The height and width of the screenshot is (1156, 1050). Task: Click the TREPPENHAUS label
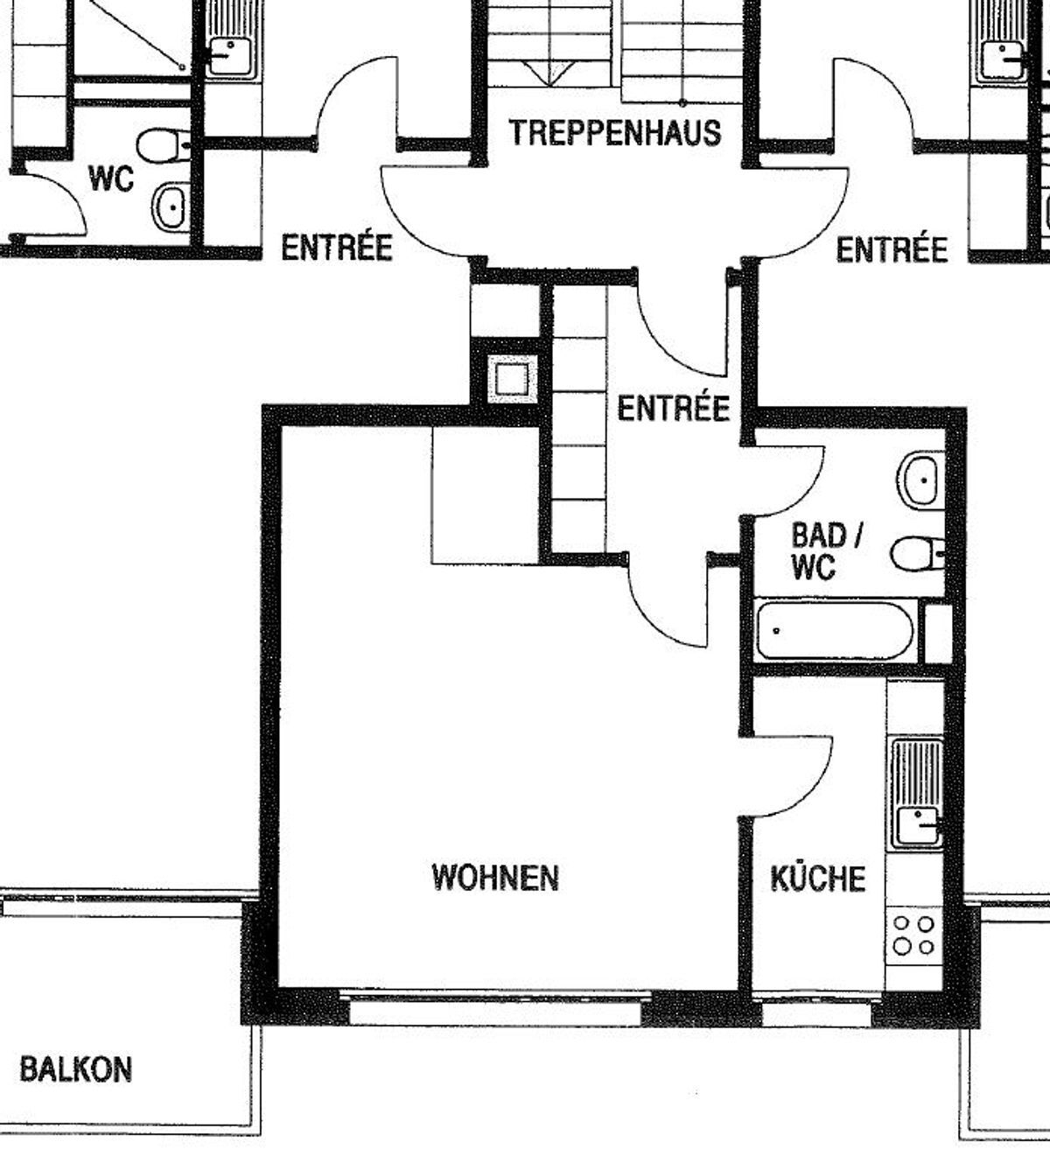[615, 133]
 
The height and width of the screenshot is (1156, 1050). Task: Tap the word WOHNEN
[495, 877]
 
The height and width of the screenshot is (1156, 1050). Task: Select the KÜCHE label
[817, 878]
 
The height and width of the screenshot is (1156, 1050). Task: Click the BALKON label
[75, 1069]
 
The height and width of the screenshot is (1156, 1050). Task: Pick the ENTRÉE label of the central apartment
[673, 408]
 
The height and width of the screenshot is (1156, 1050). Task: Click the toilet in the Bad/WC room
[915, 553]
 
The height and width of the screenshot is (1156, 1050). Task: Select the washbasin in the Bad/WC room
[921, 480]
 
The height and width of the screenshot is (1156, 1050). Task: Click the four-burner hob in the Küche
[913, 935]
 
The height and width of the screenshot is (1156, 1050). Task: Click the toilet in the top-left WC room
[164, 145]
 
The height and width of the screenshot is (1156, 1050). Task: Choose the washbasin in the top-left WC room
[171, 207]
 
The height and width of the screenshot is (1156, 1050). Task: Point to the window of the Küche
[815, 1013]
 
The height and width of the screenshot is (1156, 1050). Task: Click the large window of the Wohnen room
[494, 1011]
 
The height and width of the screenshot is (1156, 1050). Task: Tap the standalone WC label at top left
[111, 179]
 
